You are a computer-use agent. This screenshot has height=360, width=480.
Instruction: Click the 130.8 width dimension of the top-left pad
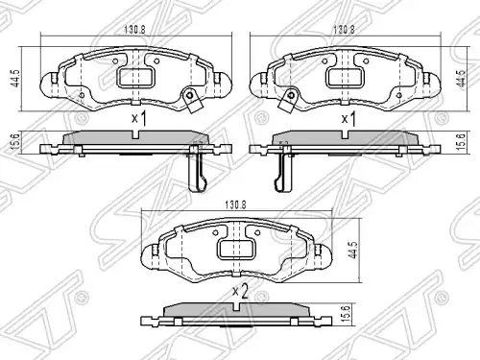point(134,30)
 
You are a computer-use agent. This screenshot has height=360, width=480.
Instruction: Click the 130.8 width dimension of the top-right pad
point(344,30)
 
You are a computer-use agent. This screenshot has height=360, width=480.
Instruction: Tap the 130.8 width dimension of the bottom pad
point(235,204)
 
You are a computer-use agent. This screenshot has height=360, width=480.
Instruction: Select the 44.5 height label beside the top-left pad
point(15,79)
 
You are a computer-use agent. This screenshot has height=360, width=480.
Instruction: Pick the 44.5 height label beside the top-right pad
point(461,79)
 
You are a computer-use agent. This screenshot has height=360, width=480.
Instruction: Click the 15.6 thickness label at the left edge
point(17,141)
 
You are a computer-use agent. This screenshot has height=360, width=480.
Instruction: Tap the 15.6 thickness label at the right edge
point(462,142)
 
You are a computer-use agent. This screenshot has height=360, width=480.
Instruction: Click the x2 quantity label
point(240,292)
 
